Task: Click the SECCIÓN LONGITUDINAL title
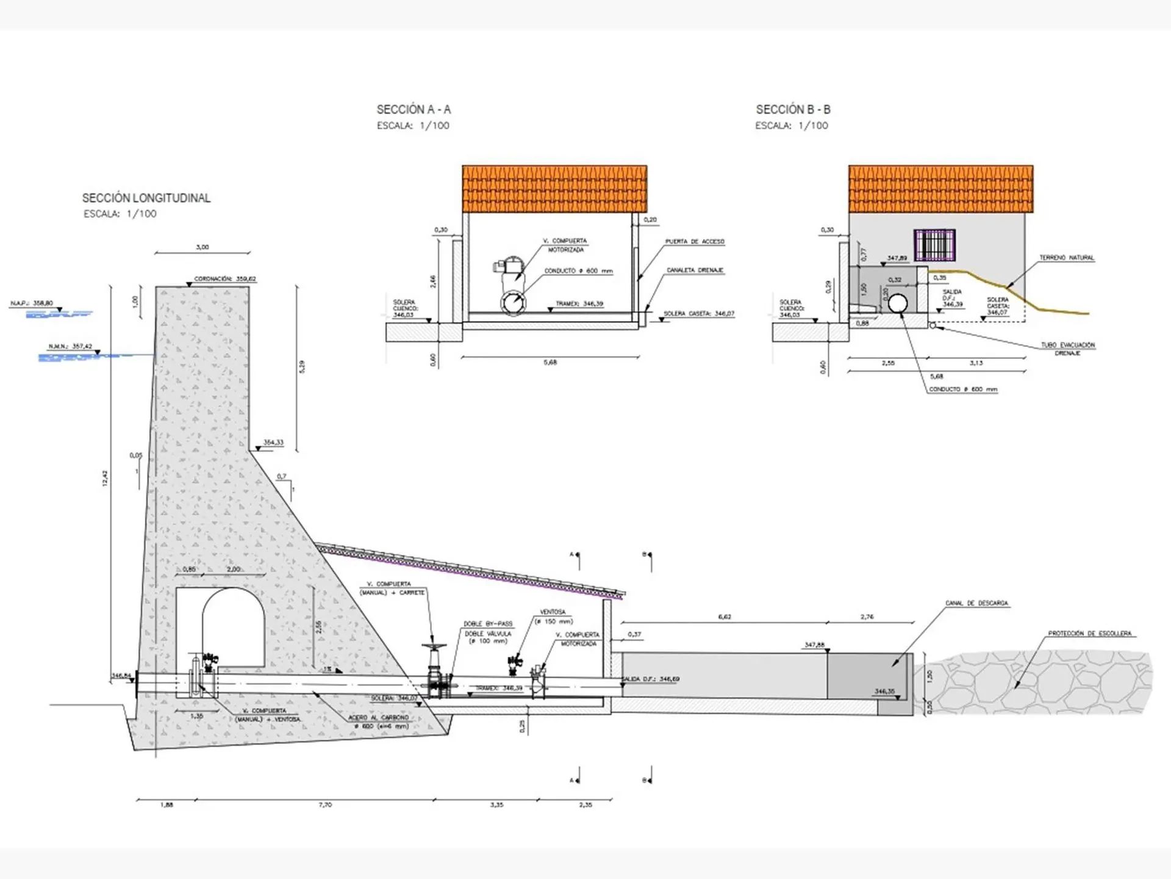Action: click(146, 198)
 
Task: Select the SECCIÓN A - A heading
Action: click(414, 110)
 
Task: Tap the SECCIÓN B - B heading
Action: click(793, 110)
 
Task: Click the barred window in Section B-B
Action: click(934, 245)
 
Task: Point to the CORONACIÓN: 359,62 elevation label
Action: click(225, 279)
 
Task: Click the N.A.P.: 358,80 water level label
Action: click(32, 303)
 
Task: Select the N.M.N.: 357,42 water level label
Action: click(70, 347)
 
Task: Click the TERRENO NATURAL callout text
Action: click(1067, 258)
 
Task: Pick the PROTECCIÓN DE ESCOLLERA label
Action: click(1089, 634)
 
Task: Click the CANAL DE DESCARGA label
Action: click(976, 603)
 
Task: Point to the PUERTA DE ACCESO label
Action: click(695, 242)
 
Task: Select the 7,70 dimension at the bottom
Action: click(325, 805)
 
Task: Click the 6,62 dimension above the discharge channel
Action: click(725, 617)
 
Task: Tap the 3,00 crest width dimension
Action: click(202, 247)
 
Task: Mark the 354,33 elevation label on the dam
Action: click(273, 443)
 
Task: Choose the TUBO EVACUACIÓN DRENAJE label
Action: click(1067, 349)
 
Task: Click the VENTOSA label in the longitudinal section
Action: click(553, 612)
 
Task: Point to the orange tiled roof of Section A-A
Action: click(554, 188)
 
